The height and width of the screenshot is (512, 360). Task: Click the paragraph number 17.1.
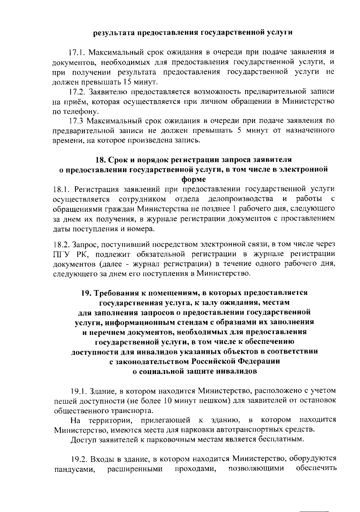(x=77, y=52)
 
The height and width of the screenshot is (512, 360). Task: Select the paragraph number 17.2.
(x=77, y=92)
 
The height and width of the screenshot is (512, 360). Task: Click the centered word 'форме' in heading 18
(x=193, y=179)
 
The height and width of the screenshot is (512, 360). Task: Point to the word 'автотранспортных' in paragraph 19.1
(x=249, y=430)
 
